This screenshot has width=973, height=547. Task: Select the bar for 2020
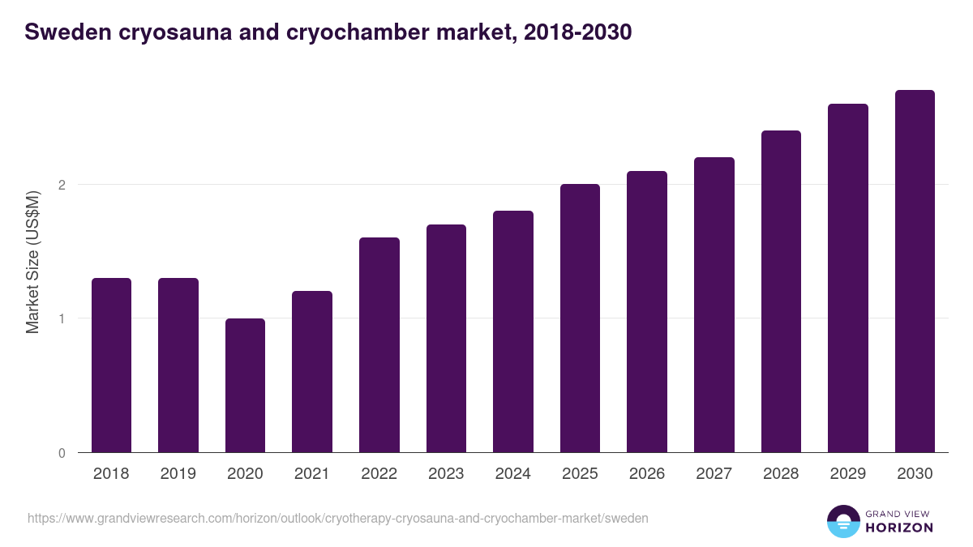245,386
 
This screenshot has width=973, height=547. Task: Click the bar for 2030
915,271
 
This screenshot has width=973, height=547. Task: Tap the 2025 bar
580,318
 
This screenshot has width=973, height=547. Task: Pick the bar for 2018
111,365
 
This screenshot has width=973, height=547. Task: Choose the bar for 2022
379,345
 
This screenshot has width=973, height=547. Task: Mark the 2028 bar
781,292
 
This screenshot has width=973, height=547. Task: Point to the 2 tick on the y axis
62,185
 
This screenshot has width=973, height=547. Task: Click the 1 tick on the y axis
62,318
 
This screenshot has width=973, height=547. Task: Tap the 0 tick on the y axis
62,453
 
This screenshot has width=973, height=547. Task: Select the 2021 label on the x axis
312,474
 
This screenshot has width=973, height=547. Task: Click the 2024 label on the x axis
512,474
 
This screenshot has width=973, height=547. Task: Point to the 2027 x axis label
714,474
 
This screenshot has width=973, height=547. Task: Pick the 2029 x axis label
847,474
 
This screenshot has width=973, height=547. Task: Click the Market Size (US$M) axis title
32,261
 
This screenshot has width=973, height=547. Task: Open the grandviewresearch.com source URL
338,518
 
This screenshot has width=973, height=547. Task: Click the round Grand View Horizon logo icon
842,521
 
